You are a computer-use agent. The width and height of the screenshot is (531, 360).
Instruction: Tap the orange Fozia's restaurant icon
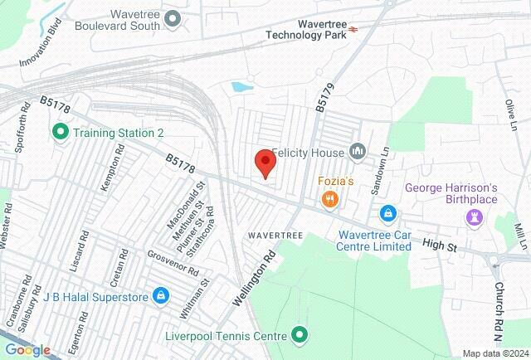pos(330,198)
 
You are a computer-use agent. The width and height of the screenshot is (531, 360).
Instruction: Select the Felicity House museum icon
pos(358,151)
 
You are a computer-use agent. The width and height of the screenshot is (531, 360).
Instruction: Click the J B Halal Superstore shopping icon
pos(161,296)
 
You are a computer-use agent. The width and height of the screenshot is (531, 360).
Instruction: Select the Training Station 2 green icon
pos(60,132)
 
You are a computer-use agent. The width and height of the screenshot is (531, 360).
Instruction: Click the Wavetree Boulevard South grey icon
pos(173,17)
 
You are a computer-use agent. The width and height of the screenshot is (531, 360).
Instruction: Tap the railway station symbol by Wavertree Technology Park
pos(353,28)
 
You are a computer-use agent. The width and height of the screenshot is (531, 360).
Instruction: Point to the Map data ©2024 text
pos(494,353)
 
